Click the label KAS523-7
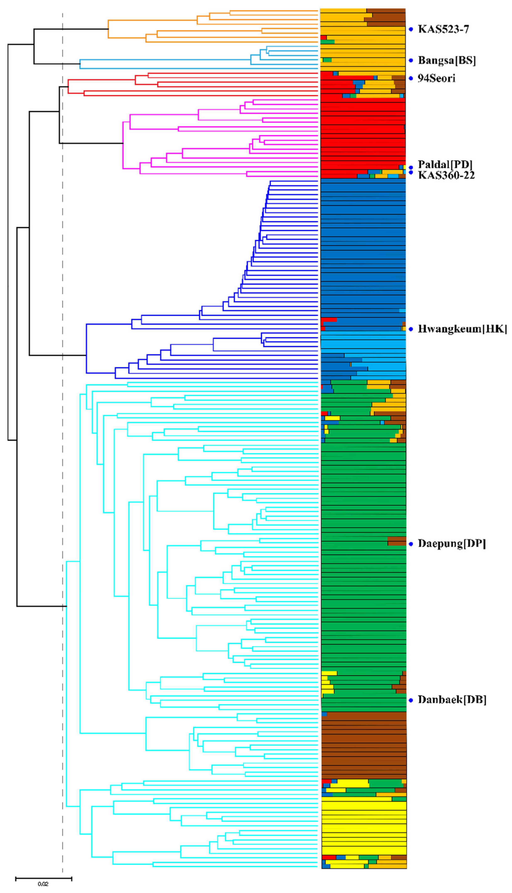(443, 29)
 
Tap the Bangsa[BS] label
(447, 61)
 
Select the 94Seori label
(436, 78)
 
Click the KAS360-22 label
(446, 175)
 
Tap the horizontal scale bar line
(44, 879)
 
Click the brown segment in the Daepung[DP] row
(397, 541)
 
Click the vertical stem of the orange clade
(108, 29)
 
